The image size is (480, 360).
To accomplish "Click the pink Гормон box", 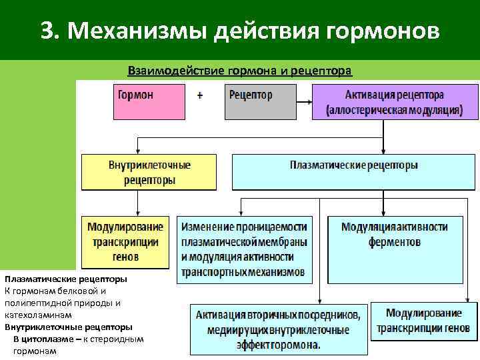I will pos(147,101).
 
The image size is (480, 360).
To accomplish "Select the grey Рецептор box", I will pos(260,101).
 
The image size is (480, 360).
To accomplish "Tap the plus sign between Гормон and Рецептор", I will pos(201,95).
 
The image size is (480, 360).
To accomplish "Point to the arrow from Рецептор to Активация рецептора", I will pos(304,102).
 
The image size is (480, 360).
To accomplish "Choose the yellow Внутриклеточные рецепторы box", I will pos(149,172).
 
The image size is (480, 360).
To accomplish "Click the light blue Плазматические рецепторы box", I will pos(354,172).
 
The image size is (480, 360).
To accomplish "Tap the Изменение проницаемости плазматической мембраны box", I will pos(245,249).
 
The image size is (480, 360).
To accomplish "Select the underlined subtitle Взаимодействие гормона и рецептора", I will pos(239,71).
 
